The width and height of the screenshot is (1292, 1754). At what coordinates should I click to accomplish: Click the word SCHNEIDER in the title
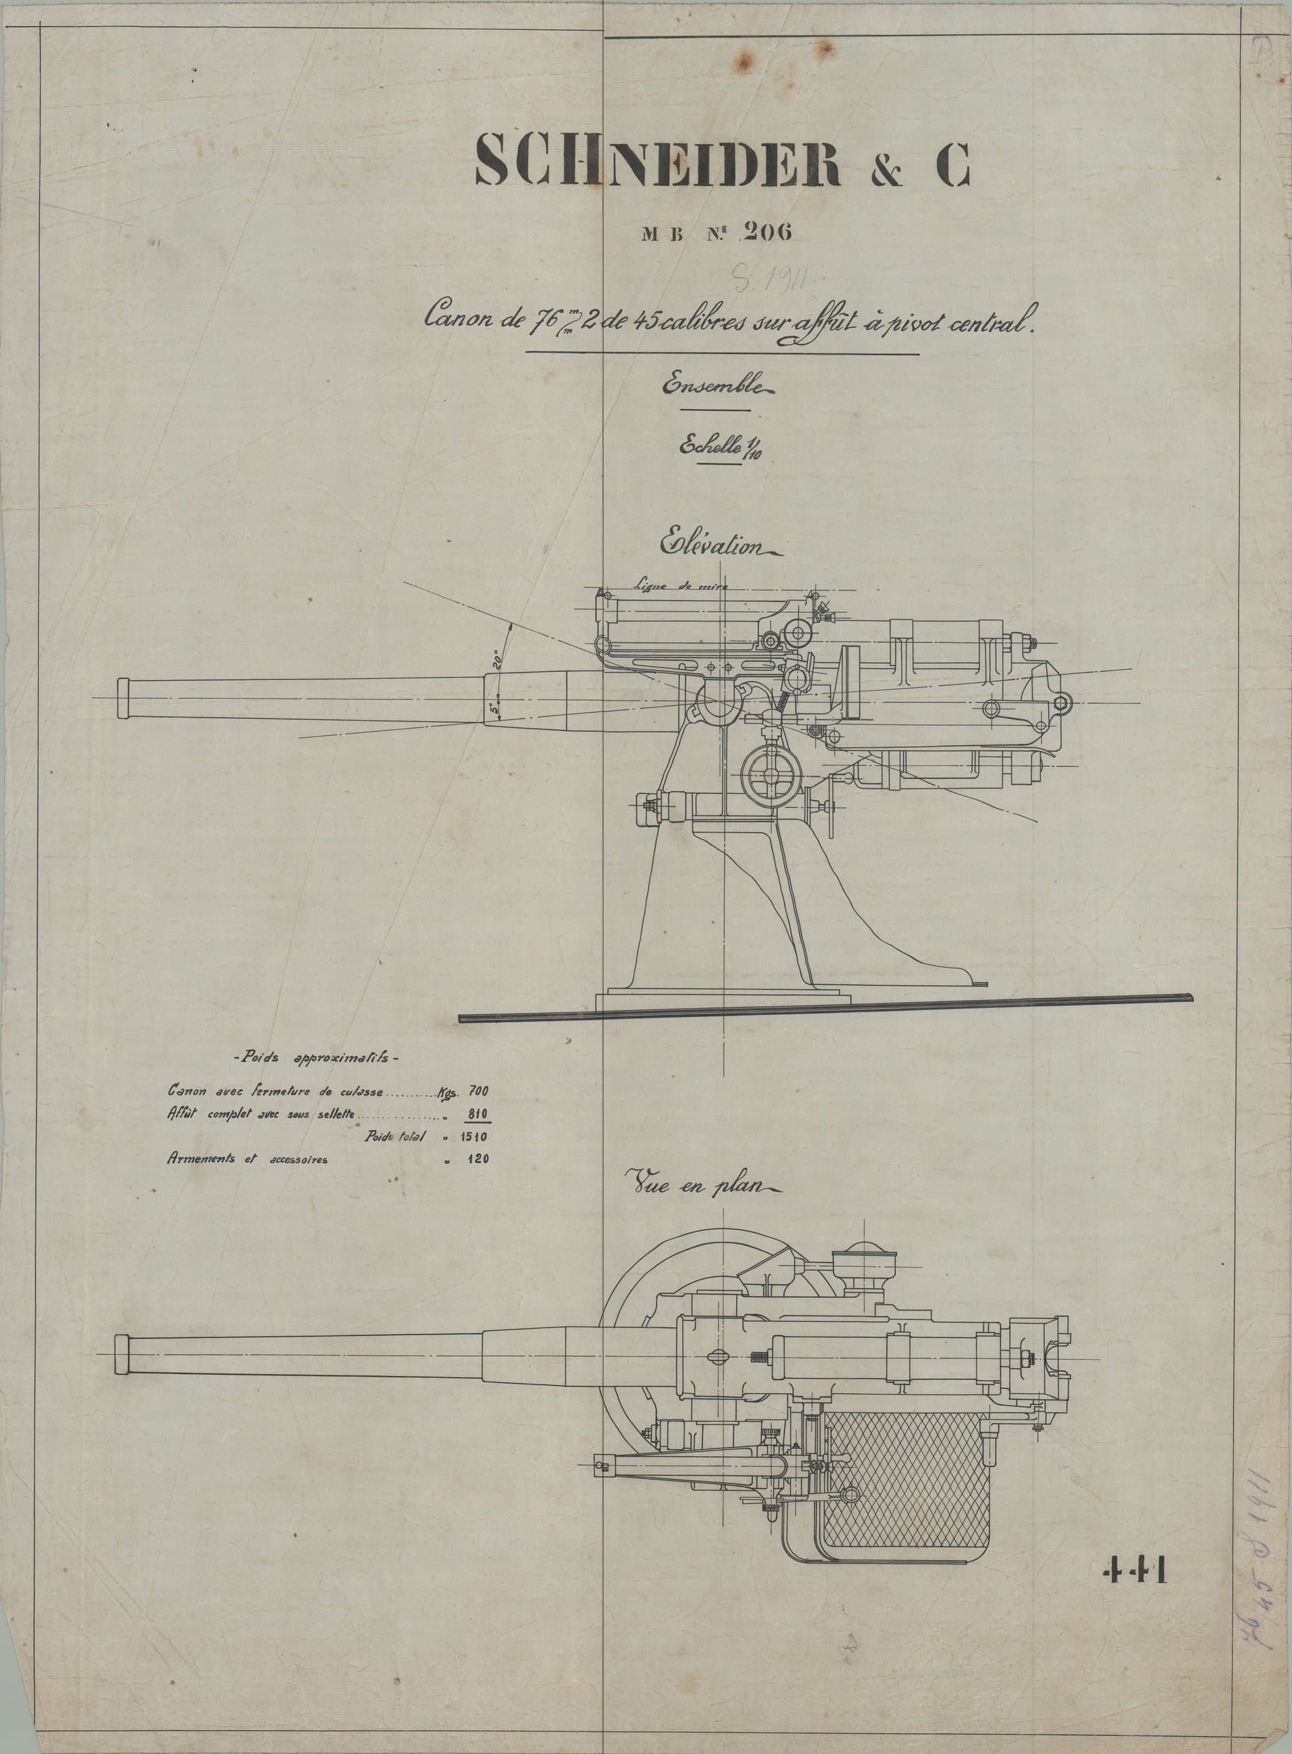657,160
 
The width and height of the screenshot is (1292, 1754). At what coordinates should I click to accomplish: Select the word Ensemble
716,386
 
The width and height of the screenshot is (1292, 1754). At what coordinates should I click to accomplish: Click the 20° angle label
497,658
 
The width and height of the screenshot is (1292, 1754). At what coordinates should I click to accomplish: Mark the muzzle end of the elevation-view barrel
123,698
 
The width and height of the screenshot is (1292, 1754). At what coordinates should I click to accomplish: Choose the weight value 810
478,1114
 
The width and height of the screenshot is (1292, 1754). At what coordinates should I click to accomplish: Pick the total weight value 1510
474,1136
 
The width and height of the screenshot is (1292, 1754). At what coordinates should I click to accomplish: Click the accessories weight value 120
478,1158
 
